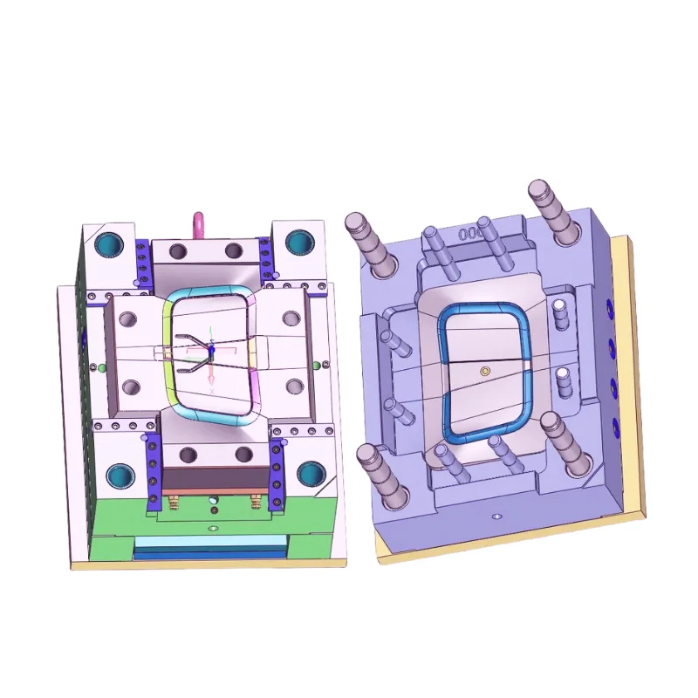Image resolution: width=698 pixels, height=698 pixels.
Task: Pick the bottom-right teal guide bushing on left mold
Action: point(309,474)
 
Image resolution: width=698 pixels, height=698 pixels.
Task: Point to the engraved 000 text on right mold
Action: point(471,233)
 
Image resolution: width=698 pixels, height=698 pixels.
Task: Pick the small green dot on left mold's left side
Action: point(101,367)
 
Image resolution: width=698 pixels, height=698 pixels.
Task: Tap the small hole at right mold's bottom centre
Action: point(496,516)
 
